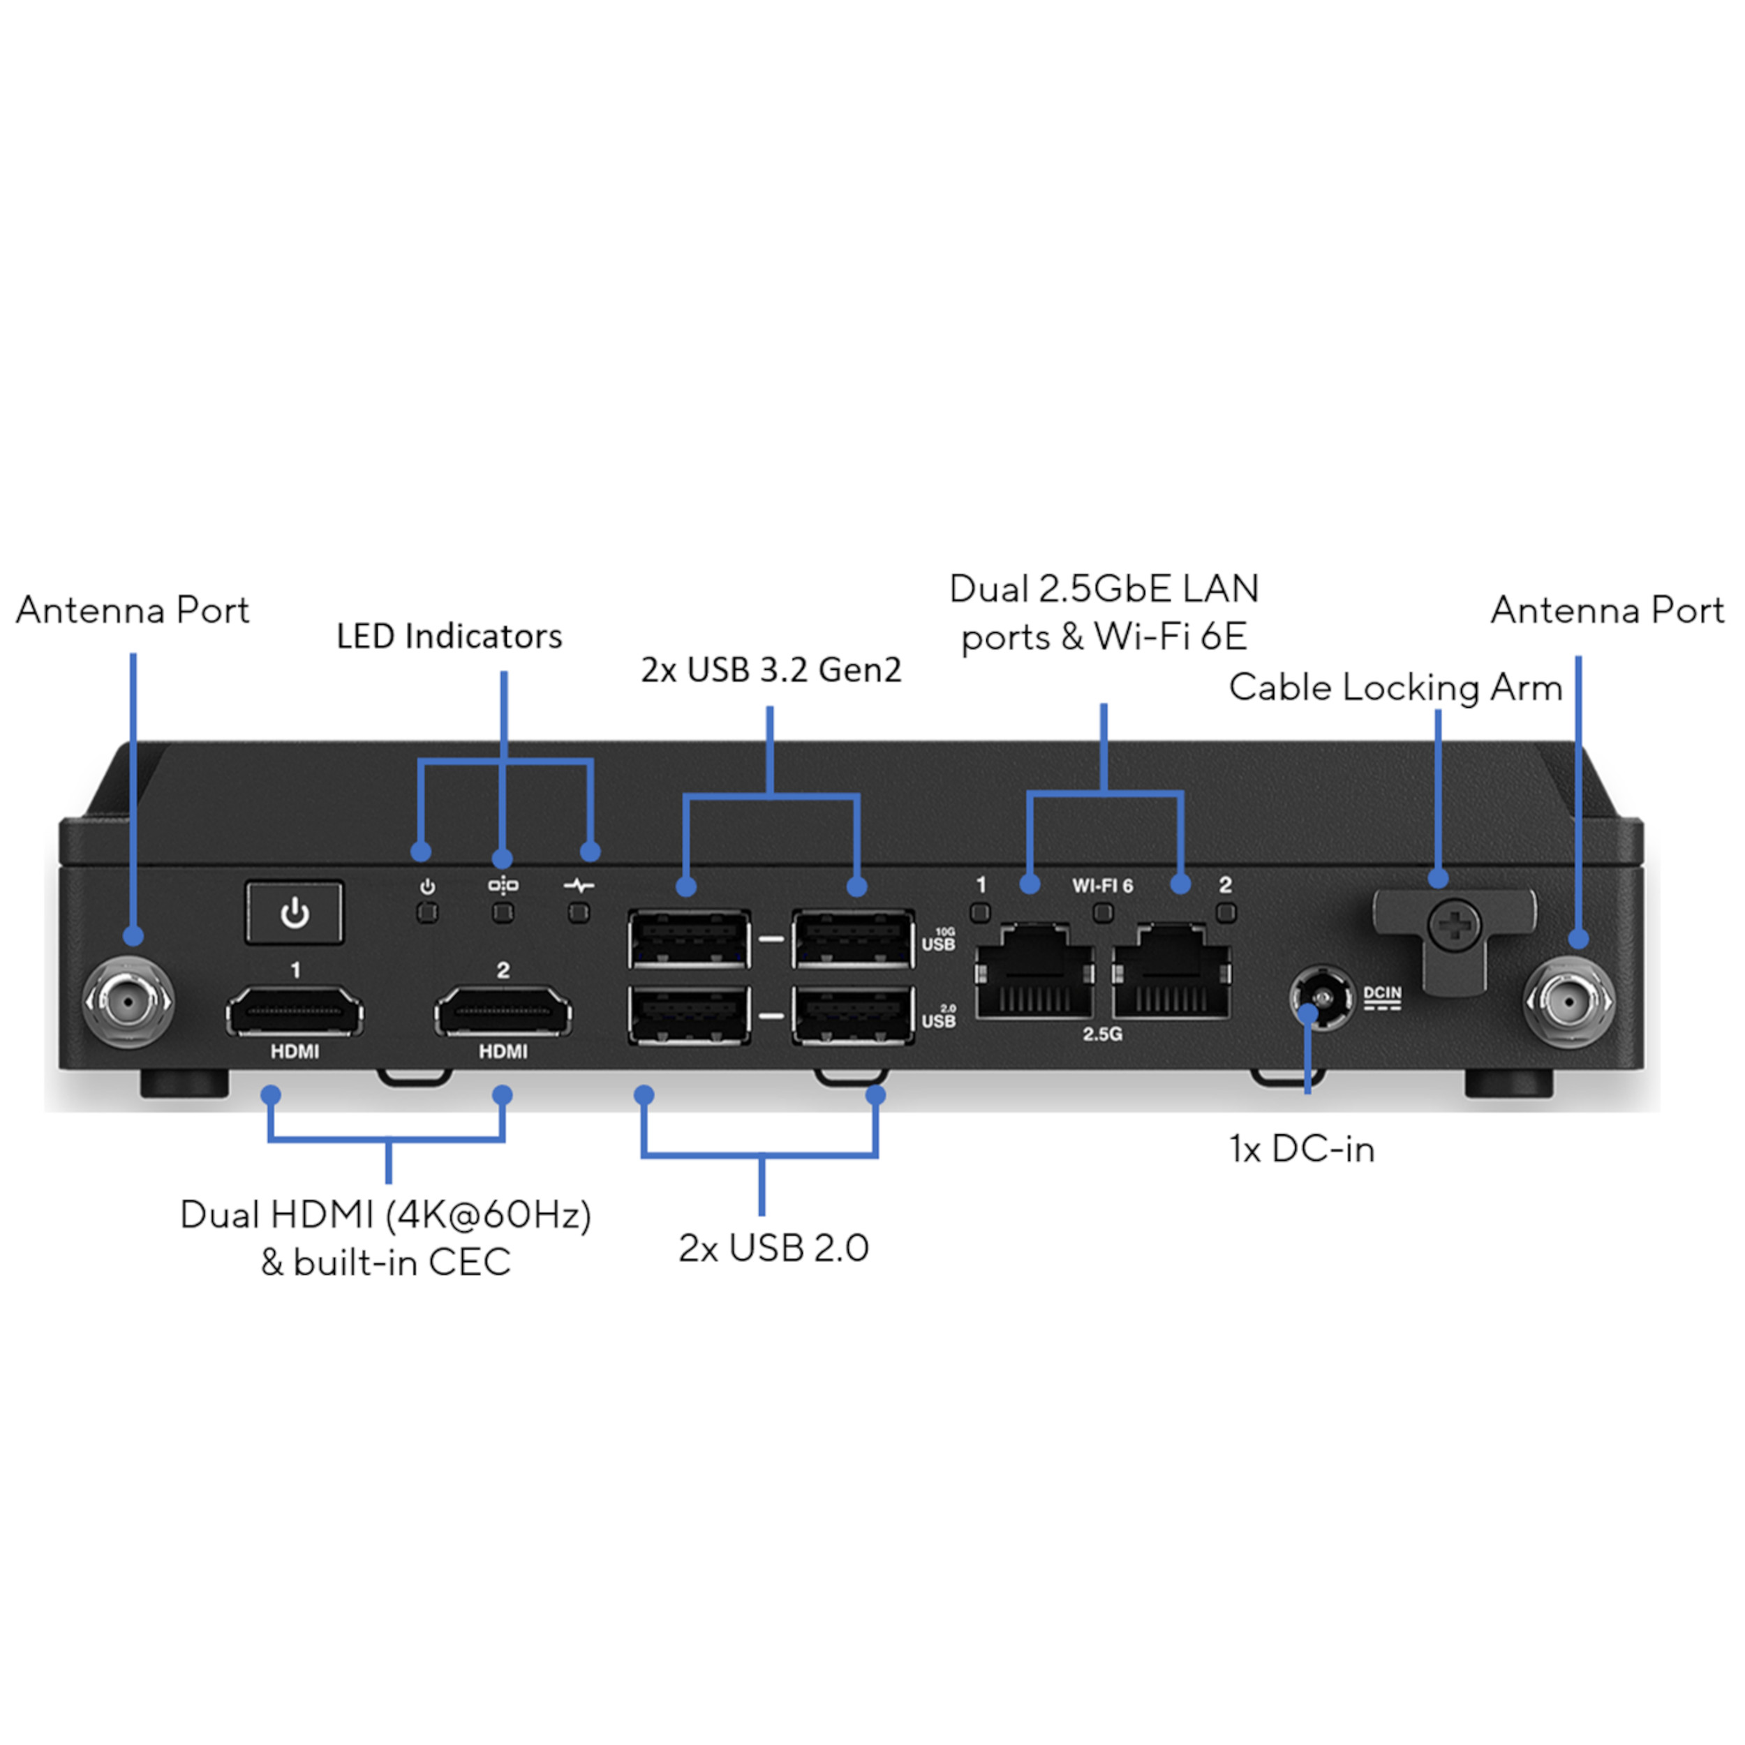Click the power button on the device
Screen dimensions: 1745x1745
click(295, 913)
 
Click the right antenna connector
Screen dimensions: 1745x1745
click(1569, 1002)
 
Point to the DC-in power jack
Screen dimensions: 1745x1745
click(1322, 997)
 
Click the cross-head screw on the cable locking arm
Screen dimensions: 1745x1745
click(1454, 926)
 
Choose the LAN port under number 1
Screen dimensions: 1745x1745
click(1035, 974)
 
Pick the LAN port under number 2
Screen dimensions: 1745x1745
click(1171, 974)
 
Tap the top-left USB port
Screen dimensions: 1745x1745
click(689, 940)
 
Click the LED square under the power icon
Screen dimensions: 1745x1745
click(427, 913)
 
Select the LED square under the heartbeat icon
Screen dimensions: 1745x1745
click(579, 913)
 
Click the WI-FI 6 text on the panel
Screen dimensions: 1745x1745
click(1102, 886)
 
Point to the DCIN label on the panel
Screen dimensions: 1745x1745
click(1382, 993)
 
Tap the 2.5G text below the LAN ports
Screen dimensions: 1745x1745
click(1102, 1034)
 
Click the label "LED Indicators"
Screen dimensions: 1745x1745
click(449, 637)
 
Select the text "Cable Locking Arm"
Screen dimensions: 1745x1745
click(1395, 688)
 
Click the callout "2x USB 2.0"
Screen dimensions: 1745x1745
click(773, 1248)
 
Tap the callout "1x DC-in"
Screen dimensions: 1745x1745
click(1302, 1150)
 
